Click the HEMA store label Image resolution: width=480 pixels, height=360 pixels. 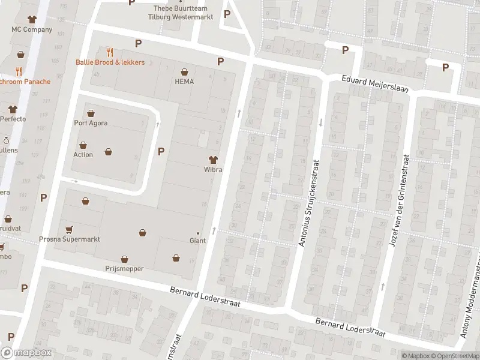[184, 81]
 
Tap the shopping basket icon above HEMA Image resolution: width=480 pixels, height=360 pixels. [184, 71]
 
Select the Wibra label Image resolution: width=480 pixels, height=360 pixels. [212, 170]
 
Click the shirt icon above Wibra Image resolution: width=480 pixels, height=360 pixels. [212, 160]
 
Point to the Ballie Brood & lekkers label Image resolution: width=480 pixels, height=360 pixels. [110, 62]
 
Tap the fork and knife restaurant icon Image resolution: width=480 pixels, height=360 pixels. [110, 52]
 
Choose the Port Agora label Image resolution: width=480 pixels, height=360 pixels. [91, 124]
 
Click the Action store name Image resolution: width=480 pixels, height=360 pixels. [83, 154]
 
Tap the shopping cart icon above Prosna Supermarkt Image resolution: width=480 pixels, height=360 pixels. [70, 229]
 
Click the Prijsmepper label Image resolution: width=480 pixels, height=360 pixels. [124, 269]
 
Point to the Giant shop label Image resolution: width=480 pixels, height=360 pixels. [197, 241]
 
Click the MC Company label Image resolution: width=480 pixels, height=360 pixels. [31, 29]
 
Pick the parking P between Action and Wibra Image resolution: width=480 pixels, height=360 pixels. [161, 151]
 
